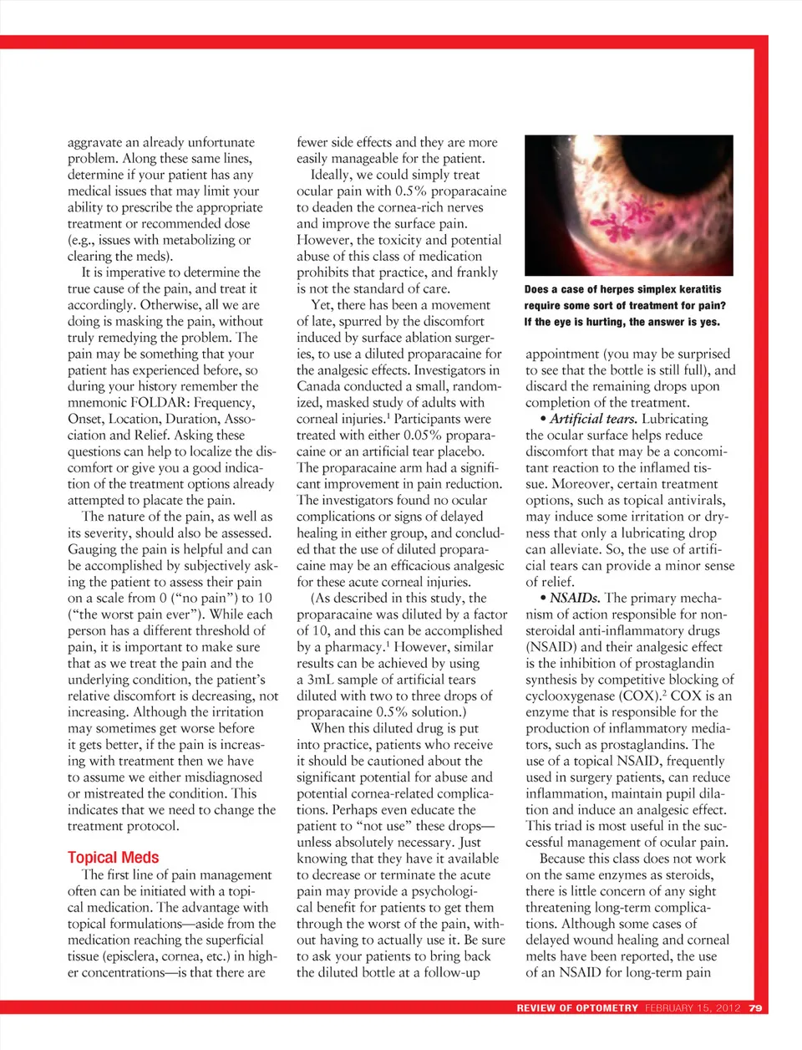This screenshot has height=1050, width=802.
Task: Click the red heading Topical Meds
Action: tap(113, 857)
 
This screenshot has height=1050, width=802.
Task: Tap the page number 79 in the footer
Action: tap(755, 1007)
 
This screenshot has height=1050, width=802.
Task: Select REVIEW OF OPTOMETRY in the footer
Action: tap(577, 1007)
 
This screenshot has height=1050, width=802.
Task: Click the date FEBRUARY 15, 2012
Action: tap(693, 1007)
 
